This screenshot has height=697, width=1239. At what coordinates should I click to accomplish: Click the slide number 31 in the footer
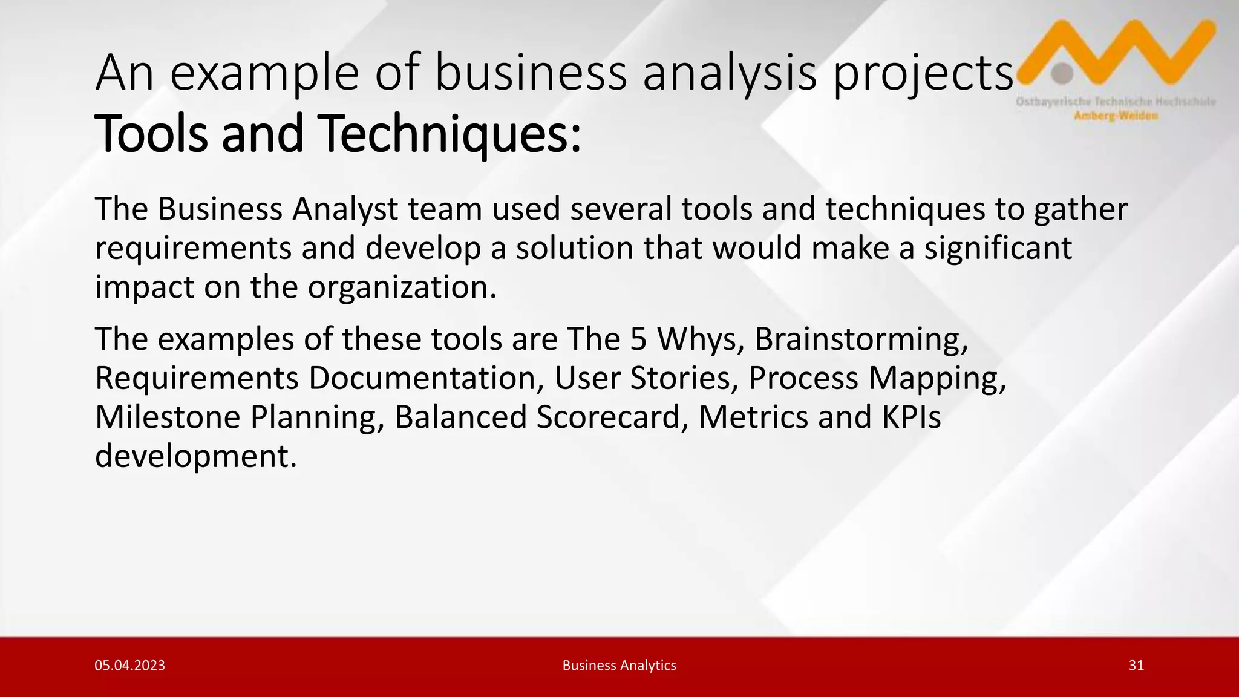[1136, 666]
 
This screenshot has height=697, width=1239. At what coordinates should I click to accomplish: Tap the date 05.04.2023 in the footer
[129, 666]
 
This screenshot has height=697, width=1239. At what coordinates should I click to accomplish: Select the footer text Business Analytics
[619, 666]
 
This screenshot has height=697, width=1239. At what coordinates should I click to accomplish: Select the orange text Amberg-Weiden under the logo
[1116, 116]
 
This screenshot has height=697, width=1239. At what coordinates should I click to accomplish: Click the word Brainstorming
[861, 339]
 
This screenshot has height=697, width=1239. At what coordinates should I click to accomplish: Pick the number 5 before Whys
[638, 339]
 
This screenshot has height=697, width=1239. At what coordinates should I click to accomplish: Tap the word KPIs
[911, 417]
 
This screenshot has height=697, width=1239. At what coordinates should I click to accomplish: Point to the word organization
[402, 287]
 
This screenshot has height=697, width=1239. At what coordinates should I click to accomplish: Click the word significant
[998, 248]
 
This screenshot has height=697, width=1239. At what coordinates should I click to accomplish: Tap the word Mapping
[937, 378]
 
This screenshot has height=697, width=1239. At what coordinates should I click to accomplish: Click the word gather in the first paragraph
[1080, 209]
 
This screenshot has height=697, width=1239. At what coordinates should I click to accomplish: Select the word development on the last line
[196, 456]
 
